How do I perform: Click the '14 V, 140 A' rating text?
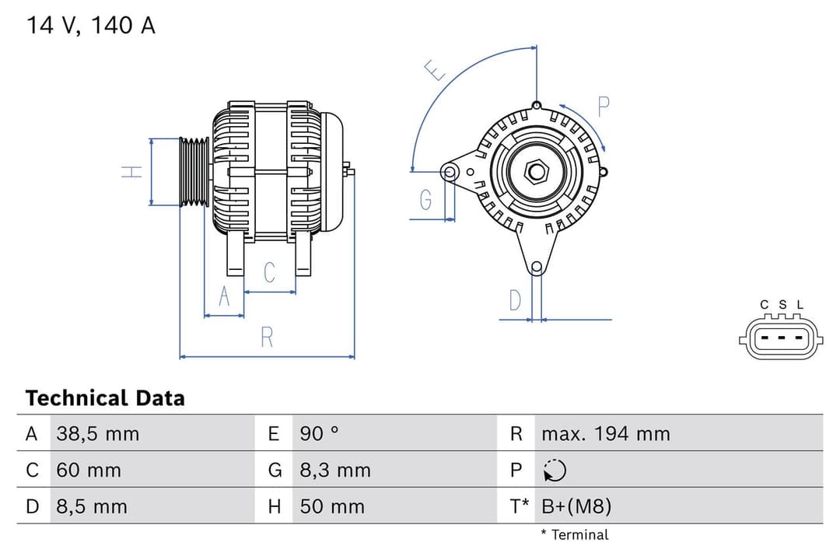[x=91, y=26]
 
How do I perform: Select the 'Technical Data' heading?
[x=105, y=398]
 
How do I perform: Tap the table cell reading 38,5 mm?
[x=98, y=434]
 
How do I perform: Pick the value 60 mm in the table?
[x=89, y=471]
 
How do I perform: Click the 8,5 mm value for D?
[x=92, y=507]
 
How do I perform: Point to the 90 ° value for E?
[x=320, y=434]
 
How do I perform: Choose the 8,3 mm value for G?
[x=335, y=471]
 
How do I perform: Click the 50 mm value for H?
[x=332, y=507]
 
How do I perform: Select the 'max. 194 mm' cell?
[x=605, y=434]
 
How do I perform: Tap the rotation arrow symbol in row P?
[x=555, y=471]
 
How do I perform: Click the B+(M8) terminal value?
[x=576, y=507]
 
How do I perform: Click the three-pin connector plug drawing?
[x=781, y=338]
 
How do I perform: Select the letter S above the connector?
[x=782, y=305]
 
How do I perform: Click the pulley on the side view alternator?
[x=194, y=172]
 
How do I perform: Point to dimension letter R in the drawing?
[x=267, y=338]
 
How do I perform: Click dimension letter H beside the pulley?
[x=134, y=172]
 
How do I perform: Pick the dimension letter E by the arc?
[x=436, y=72]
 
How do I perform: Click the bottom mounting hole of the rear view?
[x=536, y=268]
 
